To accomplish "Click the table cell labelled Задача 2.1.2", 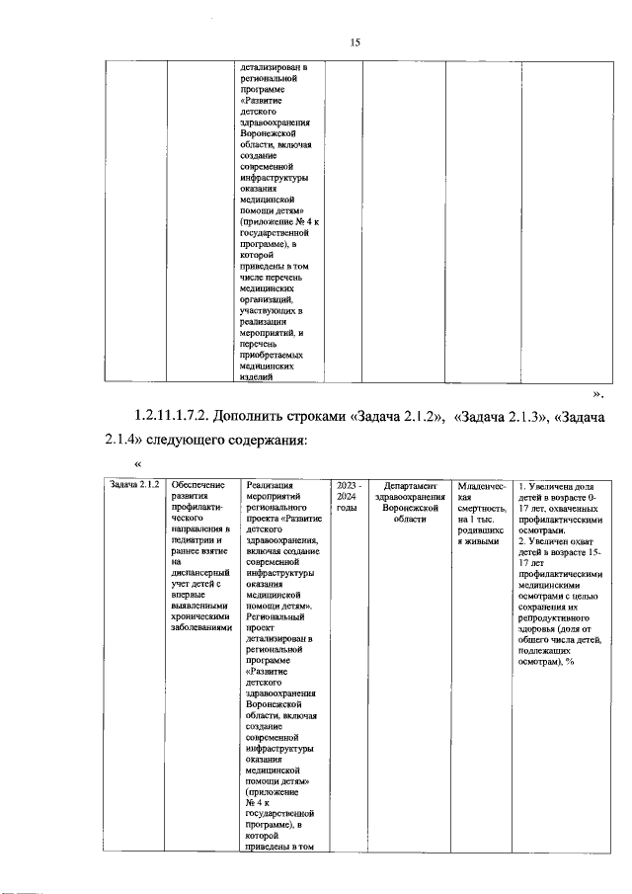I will click(x=134, y=485).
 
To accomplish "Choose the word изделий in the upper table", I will click(x=257, y=375).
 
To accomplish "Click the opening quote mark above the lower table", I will click(x=137, y=464).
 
